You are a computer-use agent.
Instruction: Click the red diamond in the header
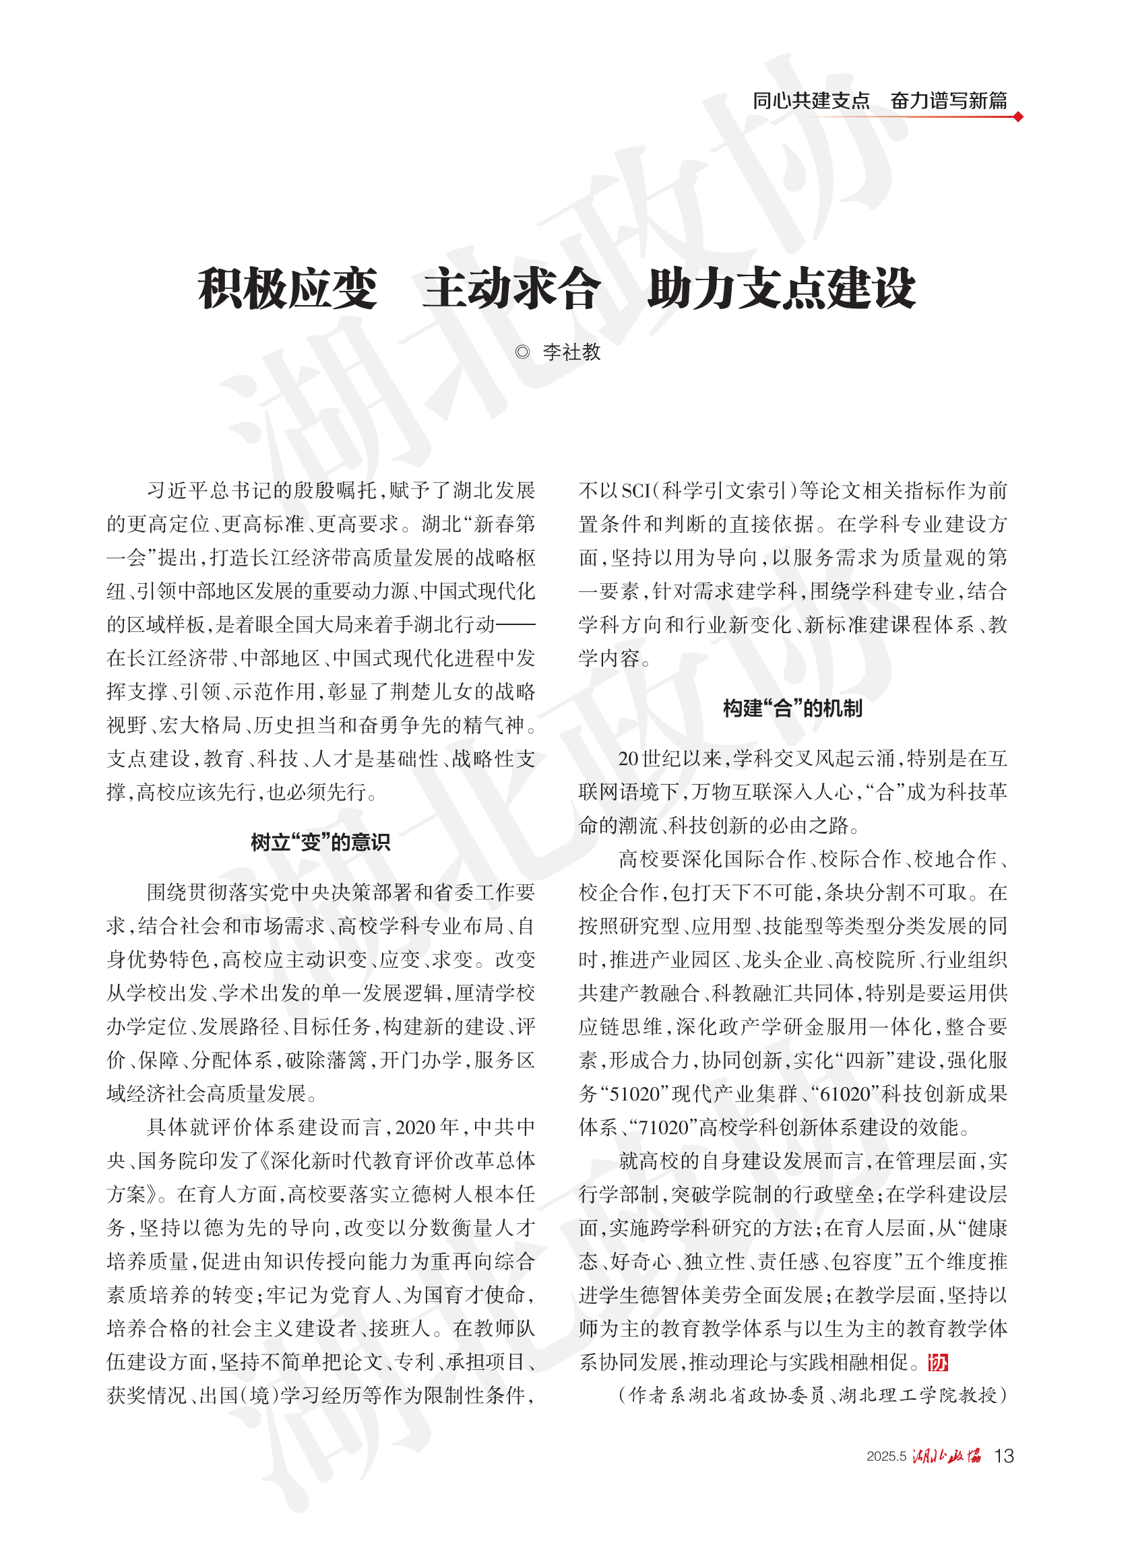(x=1018, y=117)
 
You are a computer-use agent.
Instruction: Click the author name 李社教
(x=571, y=352)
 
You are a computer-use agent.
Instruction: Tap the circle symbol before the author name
(x=522, y=352)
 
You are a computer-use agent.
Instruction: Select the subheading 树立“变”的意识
(x=320, y=843)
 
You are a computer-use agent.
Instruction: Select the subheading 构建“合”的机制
(x=792, y=708)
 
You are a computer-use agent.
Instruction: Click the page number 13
(x=1003, y=1456)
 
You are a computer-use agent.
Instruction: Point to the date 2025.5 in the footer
(x=886, y=1457)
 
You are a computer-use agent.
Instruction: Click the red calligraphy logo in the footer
(x=947, y=1456)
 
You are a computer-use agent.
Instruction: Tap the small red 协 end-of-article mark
(x=938, y=1362)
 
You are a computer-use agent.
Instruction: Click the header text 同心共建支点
(x=811, y=100)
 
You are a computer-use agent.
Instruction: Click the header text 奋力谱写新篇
(x=949, y=100)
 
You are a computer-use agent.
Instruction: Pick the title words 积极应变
(x=287, y=288)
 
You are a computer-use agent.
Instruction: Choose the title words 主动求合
(x=511, y=288)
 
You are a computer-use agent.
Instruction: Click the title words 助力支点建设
(x=781, y=288)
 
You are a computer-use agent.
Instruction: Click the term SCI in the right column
(x=637, y=491)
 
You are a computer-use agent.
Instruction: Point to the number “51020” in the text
(x=633, y=1094)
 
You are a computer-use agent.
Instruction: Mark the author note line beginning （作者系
(x=812, y=1395)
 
